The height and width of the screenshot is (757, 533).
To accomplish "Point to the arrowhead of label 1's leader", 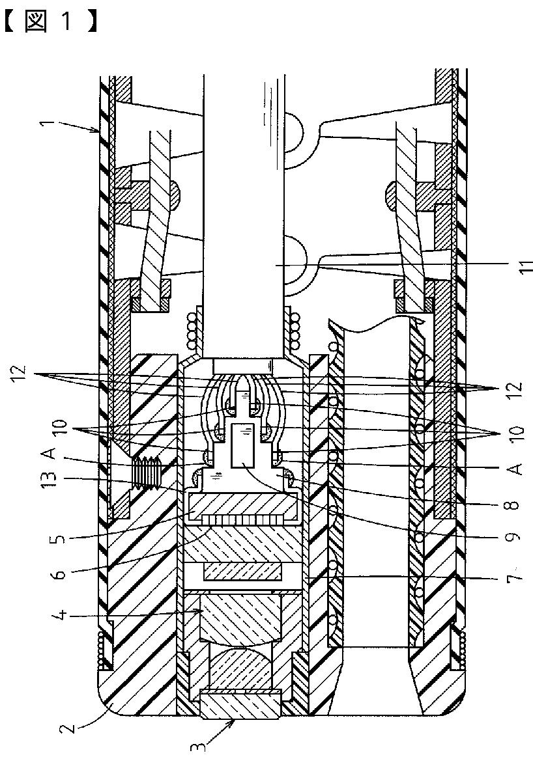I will pyautogui.click(x=100, y=133).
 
